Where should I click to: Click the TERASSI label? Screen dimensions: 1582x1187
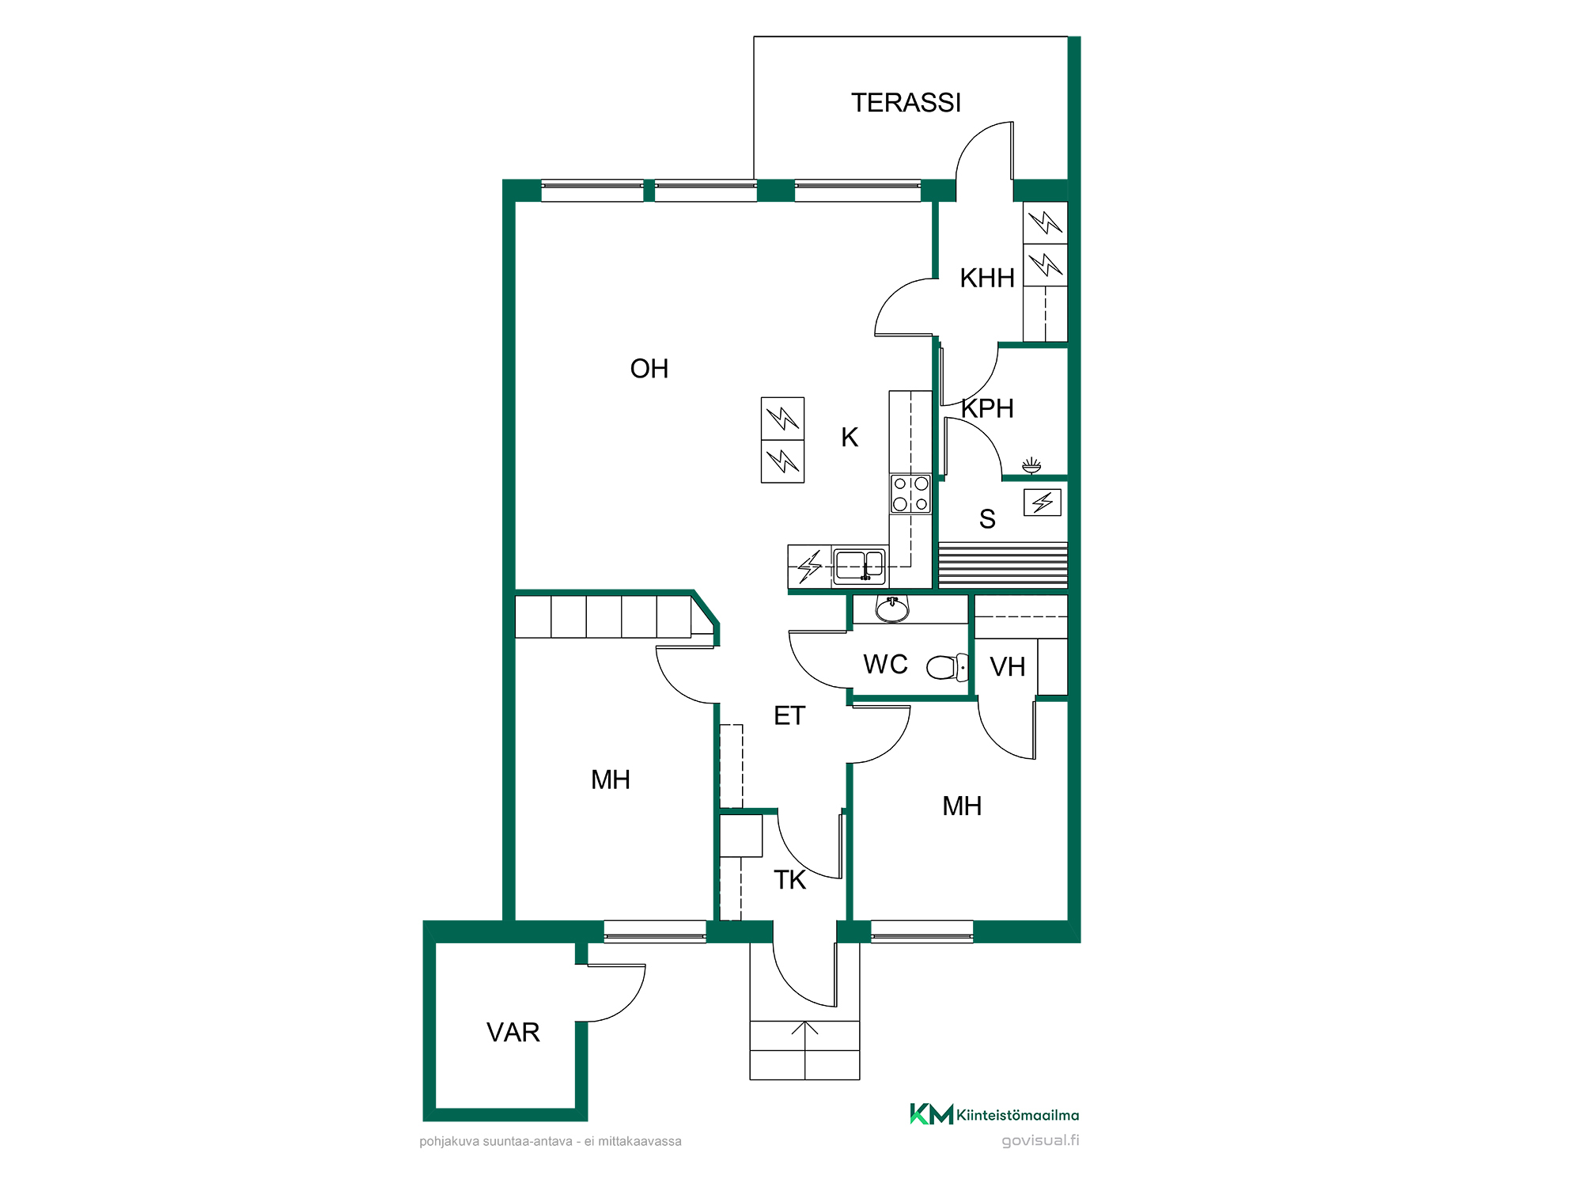coord(906,103)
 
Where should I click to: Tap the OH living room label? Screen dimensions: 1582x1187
coord(649,369)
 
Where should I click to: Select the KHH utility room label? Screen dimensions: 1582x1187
coord(987,279)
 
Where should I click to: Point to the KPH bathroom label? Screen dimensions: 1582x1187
coord(987,408)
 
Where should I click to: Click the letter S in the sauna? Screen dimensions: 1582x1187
coord(987,519)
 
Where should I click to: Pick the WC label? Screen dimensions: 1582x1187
coord(886,665)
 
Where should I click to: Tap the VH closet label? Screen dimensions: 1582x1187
coord(1008,667)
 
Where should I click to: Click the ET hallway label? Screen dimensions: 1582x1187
coord(789,716)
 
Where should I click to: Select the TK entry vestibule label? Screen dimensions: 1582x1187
coord(789,880)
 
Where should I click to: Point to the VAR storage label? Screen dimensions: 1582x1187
coord(513,1033)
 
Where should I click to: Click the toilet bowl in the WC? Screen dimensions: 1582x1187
coord(947,667)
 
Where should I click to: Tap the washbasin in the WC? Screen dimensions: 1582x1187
coord(892,609)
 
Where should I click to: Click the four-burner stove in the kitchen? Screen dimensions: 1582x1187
coord(910,494)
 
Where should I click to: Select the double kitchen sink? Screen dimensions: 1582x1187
coord(859,566)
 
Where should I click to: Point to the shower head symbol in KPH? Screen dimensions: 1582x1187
coord(1031,465)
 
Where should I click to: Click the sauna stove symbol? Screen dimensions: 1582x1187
coord(1043,502)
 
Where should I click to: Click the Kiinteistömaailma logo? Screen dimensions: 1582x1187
coord(994,1114)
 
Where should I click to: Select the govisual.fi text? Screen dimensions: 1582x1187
coord(1040,1140)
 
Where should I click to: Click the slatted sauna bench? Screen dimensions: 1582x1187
coord(1003,564)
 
